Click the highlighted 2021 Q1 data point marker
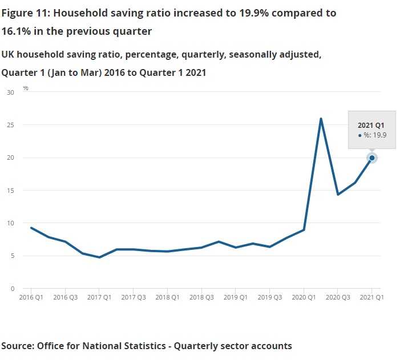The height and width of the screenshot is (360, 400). [372, 158]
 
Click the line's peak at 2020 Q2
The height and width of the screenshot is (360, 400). [321, 119]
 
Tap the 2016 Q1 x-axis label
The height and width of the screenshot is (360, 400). [31, 297]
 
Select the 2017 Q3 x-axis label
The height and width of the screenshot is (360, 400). [133, 297]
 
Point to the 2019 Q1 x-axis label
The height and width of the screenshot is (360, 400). [236, 297]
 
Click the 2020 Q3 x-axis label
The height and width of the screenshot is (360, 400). [338, 297]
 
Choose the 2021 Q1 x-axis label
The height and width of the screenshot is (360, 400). [372, 297]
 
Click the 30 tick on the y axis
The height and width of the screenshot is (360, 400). [10, 92]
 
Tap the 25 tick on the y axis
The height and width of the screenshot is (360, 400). [10, 125]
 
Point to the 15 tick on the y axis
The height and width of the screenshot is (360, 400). [10, 191]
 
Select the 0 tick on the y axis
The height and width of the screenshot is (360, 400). [11, 289]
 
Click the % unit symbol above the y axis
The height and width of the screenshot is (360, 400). [26, 88]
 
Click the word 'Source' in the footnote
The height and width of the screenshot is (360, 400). [17, 346]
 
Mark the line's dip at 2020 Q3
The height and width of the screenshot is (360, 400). [338, 195]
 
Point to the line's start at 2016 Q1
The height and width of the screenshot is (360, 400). [31, 228]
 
